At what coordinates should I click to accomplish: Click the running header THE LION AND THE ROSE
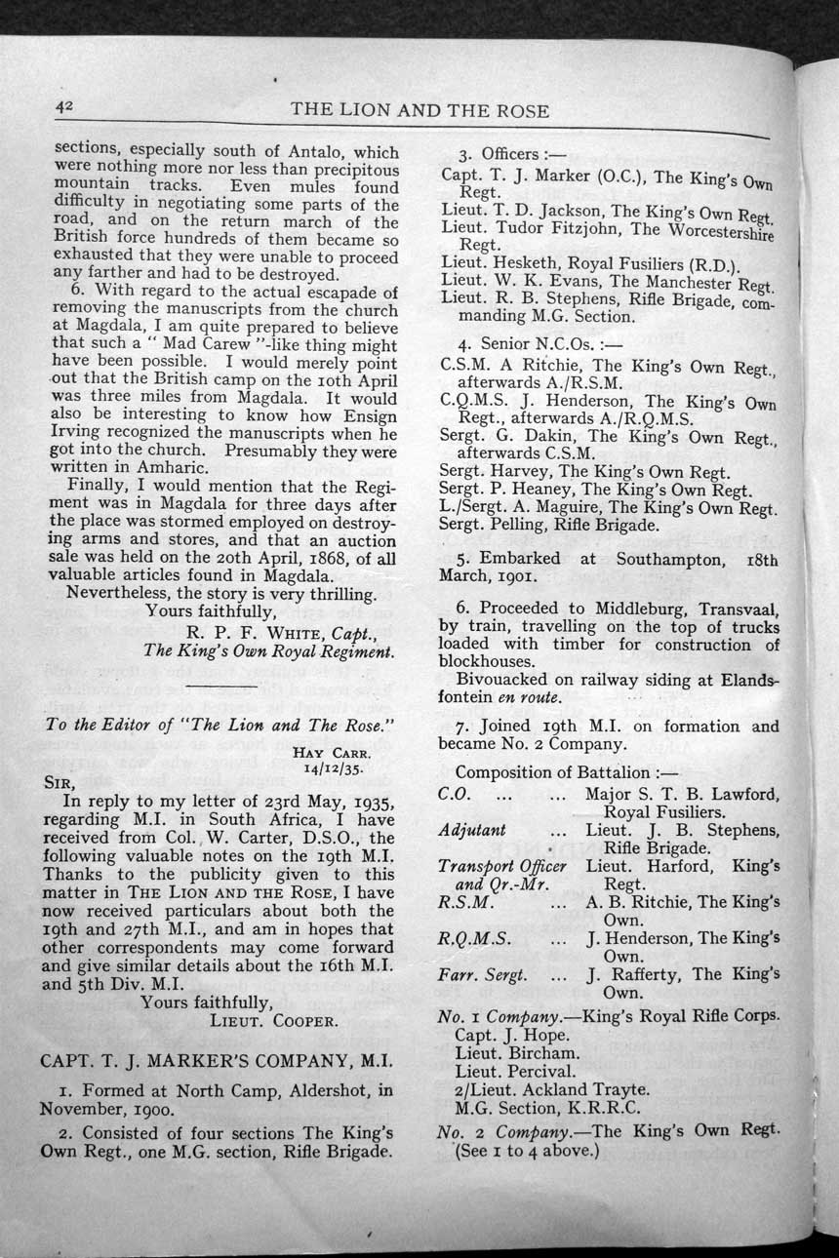[x=419, y=111]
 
